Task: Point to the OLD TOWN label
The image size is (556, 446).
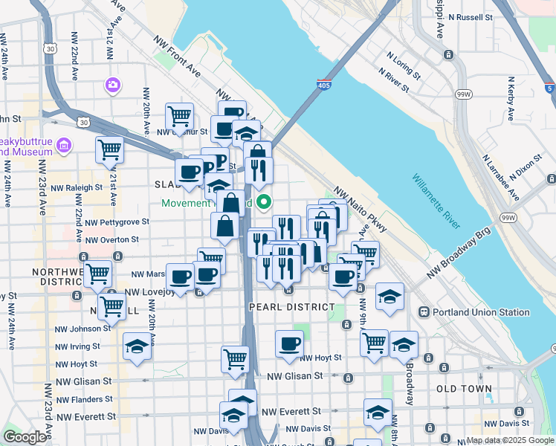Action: pyautogui.click(x=464, y=389)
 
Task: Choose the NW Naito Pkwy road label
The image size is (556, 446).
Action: pyautogui.click(x=361, y=210)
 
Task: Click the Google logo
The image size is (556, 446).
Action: pyautogui.click(x=25, y=437)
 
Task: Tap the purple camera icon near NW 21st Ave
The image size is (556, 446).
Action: pyautogui.click(x=114, y=85)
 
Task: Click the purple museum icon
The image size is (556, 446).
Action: pyautogui.click(x=64, y=143)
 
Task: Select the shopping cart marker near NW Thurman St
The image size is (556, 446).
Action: pyautogui.click(x=179, y=116)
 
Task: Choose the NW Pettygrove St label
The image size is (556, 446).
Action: pyautogui.click(x=117, y=222)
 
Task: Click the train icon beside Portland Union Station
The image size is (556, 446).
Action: pyautogui.click(x=424, y=312)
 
